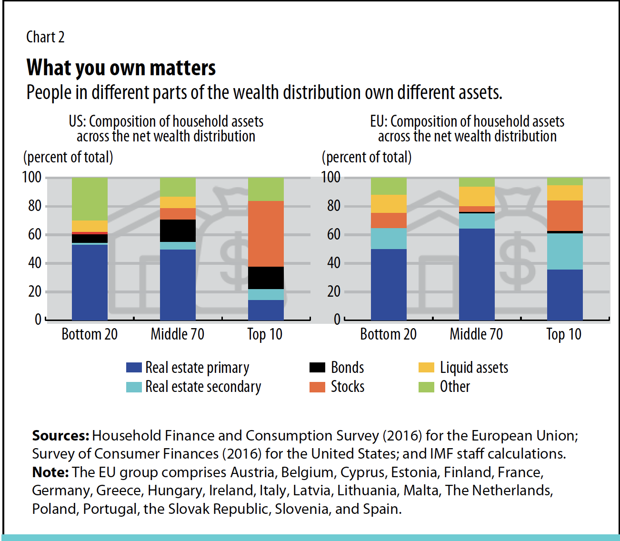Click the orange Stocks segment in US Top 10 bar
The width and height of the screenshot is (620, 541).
266,233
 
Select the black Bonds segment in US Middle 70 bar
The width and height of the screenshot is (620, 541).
178,230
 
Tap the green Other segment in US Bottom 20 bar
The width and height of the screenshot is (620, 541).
90,199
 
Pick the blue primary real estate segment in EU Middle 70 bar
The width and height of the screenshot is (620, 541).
477,274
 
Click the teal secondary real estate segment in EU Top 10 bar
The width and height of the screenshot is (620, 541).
565,251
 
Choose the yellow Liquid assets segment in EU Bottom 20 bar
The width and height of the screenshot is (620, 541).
389,204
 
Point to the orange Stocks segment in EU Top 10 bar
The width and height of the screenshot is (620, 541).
565,216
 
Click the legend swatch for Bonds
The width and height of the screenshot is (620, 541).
317,368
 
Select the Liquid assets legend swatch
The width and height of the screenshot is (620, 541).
426,368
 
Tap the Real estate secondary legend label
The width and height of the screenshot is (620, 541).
203,387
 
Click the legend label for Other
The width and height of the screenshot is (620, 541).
455,387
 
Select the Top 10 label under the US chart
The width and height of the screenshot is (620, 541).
265,334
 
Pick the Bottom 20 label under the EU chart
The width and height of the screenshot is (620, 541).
388,334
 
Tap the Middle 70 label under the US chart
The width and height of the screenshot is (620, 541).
178,334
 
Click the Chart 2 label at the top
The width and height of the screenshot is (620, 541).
45,37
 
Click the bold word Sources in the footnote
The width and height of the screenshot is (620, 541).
60,436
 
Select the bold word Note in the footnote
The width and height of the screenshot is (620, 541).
50,472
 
